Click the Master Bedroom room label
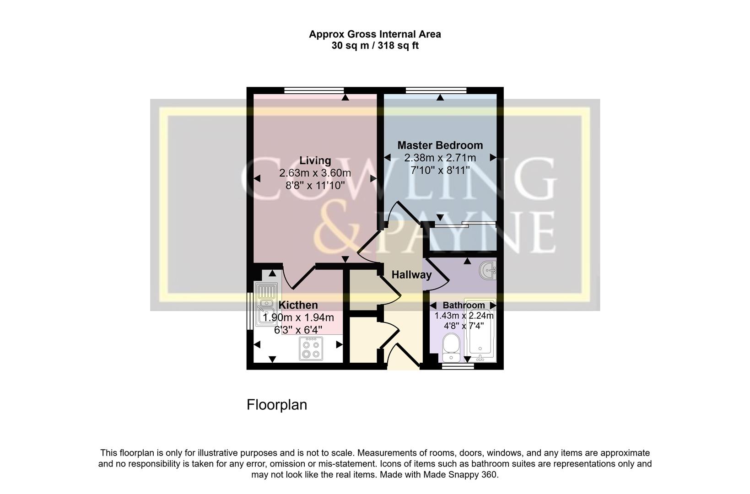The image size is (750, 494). click(440, 145)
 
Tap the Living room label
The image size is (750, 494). click(315, 161)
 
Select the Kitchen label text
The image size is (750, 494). click(298, 305)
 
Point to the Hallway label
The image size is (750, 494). click(411, 275)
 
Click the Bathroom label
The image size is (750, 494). click(464, 305)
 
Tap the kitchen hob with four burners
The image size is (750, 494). click(311, 349)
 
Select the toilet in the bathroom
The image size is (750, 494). click(451, 348)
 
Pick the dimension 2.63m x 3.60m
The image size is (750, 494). click(315, 173)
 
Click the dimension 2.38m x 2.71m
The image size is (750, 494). click(440, 158)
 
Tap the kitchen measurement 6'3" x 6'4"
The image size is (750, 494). click(298, 329)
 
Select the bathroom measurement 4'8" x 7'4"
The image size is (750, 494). click(464, 326)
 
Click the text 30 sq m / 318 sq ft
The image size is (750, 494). click(375, 46)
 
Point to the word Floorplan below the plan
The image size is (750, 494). click(276, 405)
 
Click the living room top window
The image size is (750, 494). click(314, 90)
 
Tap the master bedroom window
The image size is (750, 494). click(436, 90)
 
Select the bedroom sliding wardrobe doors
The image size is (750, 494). click(464, 224)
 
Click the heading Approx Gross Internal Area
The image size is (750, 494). click(375, 34)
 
